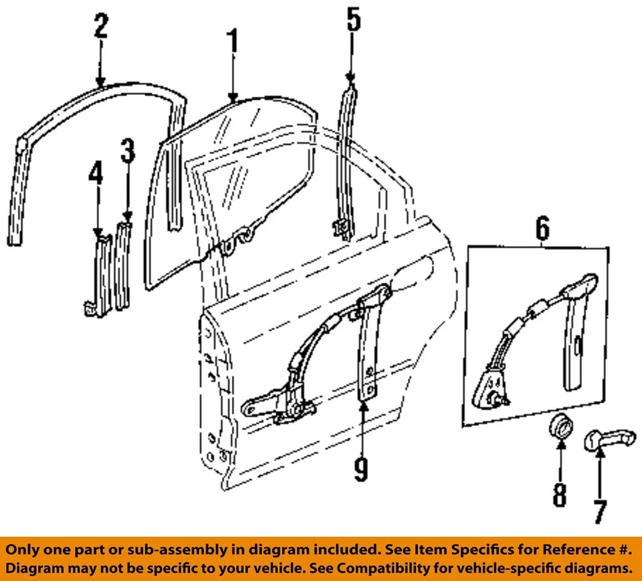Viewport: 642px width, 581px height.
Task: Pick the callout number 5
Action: pos(352,20)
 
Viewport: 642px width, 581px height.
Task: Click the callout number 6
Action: pos(542,229)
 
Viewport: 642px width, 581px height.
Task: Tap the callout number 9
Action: pos(361,467)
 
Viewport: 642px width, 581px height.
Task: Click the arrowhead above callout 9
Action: pos(361,404)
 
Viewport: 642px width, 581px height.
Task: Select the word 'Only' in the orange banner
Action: pos(25,550)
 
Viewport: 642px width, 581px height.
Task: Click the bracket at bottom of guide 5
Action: pos(342,229)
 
